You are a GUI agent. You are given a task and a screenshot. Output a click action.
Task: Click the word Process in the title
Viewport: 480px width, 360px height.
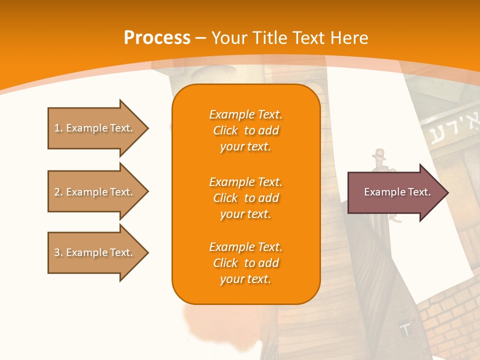[x=157, y=38]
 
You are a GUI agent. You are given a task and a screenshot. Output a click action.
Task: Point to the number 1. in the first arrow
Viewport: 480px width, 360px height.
[x=58, y=128]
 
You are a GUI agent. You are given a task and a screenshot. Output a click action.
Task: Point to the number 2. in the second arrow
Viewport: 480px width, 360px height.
[x=58, y=192]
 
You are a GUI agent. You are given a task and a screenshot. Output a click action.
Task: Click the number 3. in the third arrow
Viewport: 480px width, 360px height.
[x=58, y=252]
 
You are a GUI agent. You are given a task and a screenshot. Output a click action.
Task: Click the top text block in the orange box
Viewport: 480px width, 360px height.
[x=245, y=130]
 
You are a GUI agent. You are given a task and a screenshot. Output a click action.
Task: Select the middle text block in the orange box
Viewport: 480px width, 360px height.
[x=245, y=198]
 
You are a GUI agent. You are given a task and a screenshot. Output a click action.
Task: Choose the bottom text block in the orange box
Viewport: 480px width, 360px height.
[x=245, y=263]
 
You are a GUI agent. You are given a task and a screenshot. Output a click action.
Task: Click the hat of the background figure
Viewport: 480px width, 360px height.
[x=378, y=153]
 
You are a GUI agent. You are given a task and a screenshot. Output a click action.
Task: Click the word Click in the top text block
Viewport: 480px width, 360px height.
[x=225, y=130]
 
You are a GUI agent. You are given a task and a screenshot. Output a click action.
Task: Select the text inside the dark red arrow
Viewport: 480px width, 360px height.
[x=397, y=192]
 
